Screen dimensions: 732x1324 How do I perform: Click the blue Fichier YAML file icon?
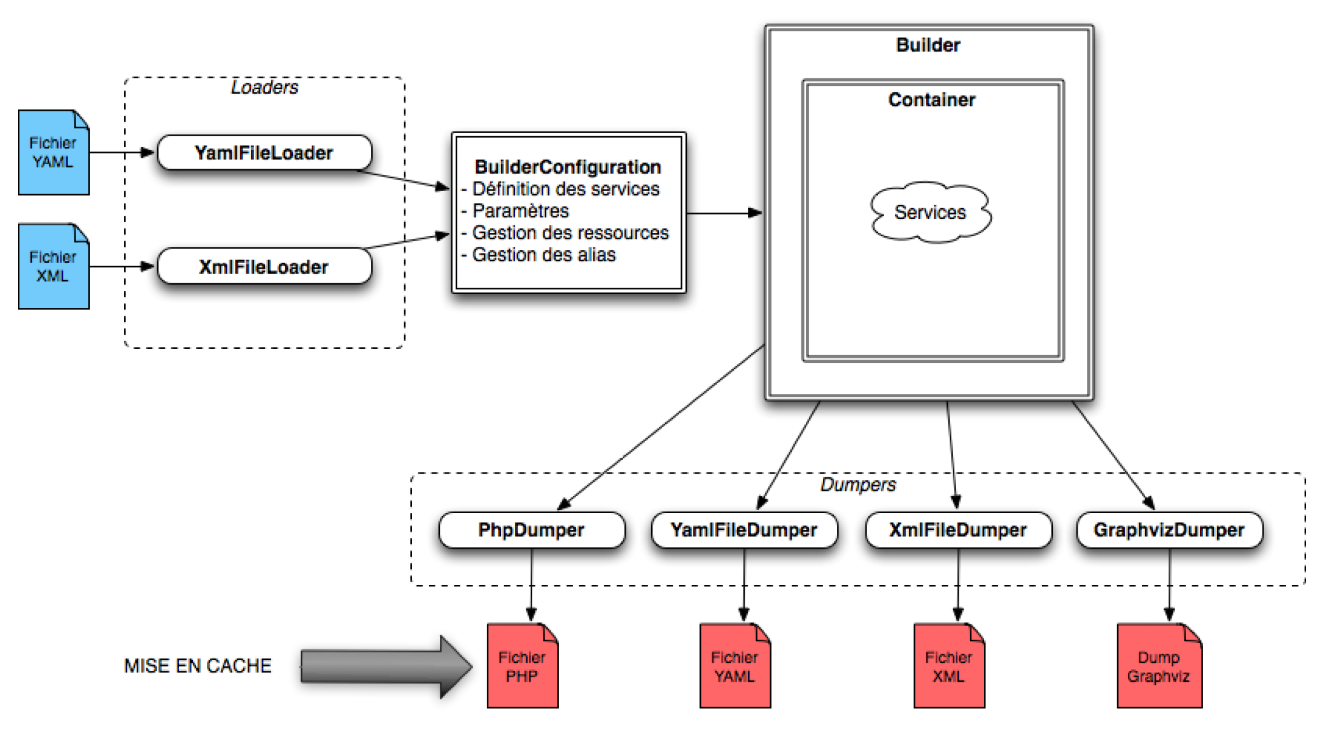(x=53, y=153)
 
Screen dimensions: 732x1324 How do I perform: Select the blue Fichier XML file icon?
(x=53, y=267)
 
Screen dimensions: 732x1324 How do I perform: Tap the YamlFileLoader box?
(x=264, y=153)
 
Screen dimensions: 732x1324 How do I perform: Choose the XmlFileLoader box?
(x=264, y=267)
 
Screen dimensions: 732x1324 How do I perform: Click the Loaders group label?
(x=264, y=87)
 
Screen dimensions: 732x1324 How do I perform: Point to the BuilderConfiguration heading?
(x=568, y=167)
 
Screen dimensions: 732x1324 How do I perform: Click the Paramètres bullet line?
(x=520, y=211)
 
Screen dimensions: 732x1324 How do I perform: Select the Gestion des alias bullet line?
(x=544, y=255)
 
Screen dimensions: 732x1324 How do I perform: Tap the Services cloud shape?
(x=930, y=212)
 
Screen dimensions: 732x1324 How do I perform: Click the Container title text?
(x=931, y=100)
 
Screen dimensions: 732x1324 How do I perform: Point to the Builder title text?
(x=927, y=45)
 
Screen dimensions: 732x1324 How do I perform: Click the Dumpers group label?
(x=857, y=484)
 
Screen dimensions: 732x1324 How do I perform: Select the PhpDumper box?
(x=532, y=530)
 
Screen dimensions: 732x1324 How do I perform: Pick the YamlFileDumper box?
(x=743, y=530)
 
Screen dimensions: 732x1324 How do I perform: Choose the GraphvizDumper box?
(x=1169, y=530)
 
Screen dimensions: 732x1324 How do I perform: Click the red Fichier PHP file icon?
(x=522, y=666)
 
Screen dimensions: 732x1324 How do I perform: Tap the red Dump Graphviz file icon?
(x=1158, y=666)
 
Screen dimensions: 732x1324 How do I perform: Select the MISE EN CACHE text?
(x=197, y=666)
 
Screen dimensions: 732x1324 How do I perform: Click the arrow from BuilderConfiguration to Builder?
(x=724, y=213)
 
